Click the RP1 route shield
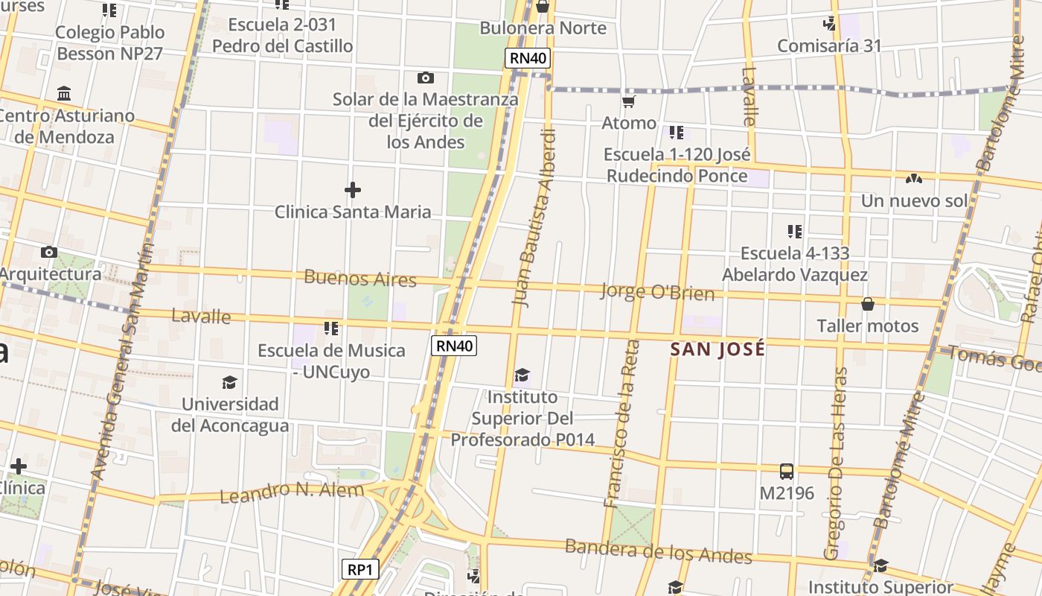tap(361, 570)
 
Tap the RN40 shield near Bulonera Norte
tap(528, 58)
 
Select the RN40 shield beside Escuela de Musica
tap(454, 345)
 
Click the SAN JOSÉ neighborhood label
tap(717, 349)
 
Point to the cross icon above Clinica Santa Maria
tap(353, 190)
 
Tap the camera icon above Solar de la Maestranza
tap(426, 77)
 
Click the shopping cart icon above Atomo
tap(629, 101)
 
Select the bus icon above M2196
tap(787, 472)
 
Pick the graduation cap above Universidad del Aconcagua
tap(229, 383)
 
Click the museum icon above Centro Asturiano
tap(64, 94)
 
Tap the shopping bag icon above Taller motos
tap(868, 304)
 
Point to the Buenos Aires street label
tap(360, 279)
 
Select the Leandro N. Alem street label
tap(292, 492)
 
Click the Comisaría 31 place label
tap(829, 46)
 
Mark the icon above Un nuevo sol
tap(914, 179)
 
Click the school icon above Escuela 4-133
tap(795, 232)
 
